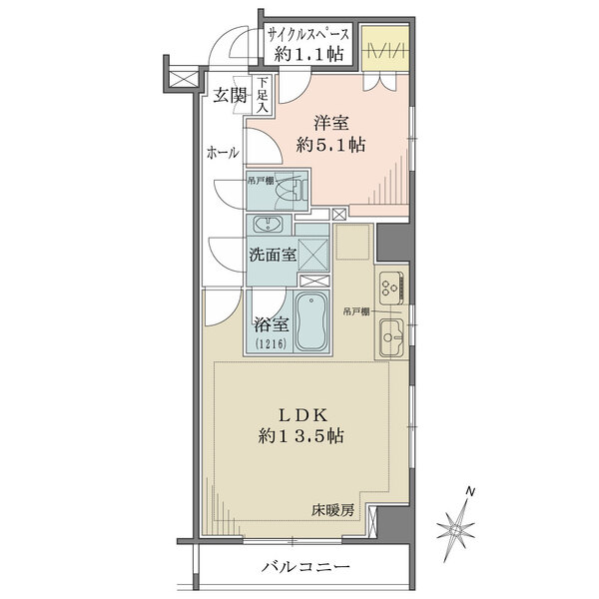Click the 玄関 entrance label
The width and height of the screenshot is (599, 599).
(229, 96)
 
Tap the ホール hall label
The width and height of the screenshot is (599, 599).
(222, 153)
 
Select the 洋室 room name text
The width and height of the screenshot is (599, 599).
(330, 123)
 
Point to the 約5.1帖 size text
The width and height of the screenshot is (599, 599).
(330, 145)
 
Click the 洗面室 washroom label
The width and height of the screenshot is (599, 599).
(273, 254)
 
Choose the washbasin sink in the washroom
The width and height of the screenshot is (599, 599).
(269, 224)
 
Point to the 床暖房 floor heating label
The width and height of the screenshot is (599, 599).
(332, 510)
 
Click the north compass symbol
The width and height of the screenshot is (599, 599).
(459, 519)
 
